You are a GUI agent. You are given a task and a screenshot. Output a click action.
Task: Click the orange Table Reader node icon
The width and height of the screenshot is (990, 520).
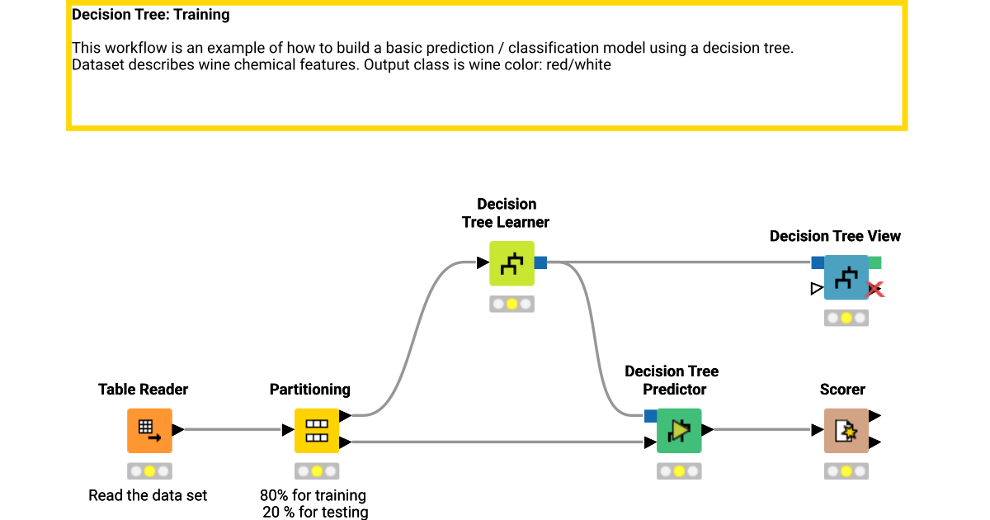pyautogui.click(x=149, y=430)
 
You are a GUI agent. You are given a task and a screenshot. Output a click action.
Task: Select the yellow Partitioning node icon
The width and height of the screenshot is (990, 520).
pyautogui.click(x=317, y=430)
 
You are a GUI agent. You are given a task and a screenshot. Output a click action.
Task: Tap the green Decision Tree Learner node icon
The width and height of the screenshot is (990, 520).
pyautogui.click(x=511, y=263)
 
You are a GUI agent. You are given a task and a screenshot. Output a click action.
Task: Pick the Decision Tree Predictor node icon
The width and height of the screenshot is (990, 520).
pyautogui.click(x=679, y=430)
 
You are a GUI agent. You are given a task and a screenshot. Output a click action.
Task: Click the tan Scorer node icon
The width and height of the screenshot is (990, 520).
pyautogui.click(x=846, y=430)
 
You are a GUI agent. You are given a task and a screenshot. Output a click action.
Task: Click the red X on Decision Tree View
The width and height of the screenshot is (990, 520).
pyautogui.click(x=874, y=290)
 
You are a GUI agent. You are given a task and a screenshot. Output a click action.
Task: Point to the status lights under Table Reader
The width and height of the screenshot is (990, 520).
pyautogui.click(x=149, y=471)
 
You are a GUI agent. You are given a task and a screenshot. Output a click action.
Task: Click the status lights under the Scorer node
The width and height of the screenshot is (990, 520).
pyautogui.click(x=846, y=471)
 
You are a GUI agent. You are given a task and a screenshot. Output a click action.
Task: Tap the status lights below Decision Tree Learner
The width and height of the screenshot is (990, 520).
pyautogui.click(x=511, y=305)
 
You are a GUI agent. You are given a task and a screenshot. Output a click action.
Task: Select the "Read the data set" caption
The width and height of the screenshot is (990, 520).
pyautogui.click(x=148, y=495)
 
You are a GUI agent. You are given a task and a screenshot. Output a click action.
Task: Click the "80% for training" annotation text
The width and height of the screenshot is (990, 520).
pyautogui.click(x=313, y=495)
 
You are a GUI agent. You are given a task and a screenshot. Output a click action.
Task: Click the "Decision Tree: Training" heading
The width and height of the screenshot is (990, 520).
pyautogui.click(x=151, y=15)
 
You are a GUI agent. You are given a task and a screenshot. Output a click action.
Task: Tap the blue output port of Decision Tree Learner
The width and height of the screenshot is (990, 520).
pyautogui.click(x=541, y=262)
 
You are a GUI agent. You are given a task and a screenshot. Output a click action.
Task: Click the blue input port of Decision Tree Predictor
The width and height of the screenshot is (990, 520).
pyautogui.click(x=650, y=415)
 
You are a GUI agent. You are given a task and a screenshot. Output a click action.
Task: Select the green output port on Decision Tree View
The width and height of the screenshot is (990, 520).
pyautogui.click(x=874, y=262)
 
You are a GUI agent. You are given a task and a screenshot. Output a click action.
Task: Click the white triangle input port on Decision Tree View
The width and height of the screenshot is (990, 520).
pyautogui.click(x=817, y=288)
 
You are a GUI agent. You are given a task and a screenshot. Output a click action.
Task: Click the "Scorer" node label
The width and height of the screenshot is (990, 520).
pyautogui.click(x=842, y=390)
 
